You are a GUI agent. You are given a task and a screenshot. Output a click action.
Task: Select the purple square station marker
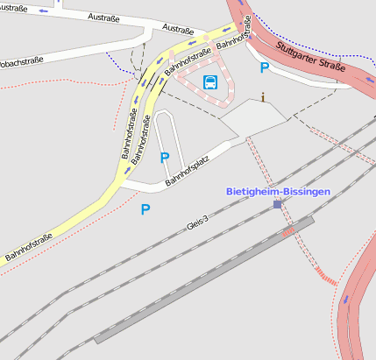click(x=278, y=204)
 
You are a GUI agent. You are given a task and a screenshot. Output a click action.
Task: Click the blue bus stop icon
click(x=210, y=82)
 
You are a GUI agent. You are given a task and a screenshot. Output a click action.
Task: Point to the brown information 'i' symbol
click(x=262, y=97)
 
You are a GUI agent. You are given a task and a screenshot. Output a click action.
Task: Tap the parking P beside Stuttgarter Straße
click(x=264, y=67)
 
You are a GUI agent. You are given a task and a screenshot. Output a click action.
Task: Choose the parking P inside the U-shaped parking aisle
click(x=164, y=158)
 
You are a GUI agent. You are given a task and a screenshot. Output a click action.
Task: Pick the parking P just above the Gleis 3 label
click(x=145, y=208)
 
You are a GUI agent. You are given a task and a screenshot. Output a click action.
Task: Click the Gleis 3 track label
click(x=198, y=224)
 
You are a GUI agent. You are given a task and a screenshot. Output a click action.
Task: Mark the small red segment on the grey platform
click(x=288, y=231)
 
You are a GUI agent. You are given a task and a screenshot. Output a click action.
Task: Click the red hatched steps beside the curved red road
click(x=327, y=280)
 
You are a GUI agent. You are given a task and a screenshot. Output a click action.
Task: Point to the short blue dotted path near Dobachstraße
click(x=115, y=62)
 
